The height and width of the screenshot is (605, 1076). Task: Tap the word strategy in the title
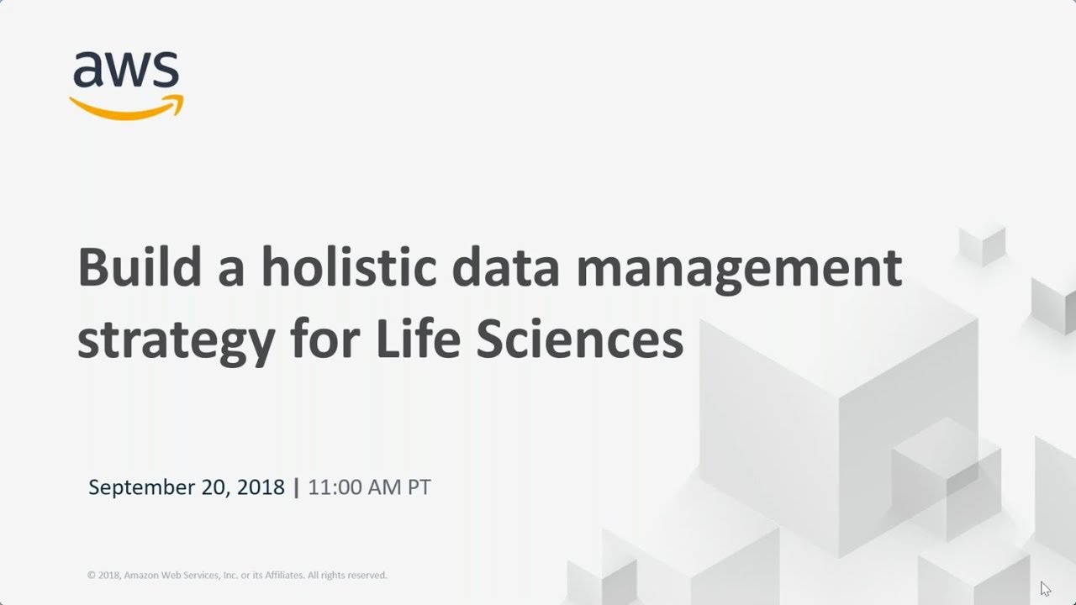(x=175, y=340)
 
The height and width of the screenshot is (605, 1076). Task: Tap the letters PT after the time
(x=419, y=487)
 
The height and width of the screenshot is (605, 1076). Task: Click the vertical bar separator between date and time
(x=296, y=487)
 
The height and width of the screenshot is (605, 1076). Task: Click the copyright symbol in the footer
(x=91, y=576)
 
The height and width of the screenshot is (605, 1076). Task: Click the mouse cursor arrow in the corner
(x=1045, y=588)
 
